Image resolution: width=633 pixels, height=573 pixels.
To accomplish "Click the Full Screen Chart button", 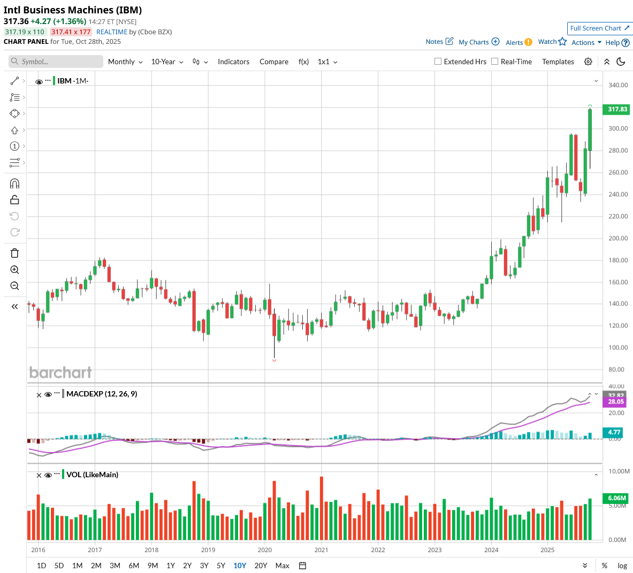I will click(600, 28).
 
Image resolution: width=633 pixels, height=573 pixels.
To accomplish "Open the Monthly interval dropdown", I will click(125, 62).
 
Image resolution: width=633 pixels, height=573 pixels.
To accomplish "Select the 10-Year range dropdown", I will click(167, 62).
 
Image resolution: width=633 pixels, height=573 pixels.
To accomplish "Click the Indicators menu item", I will click(233, 62).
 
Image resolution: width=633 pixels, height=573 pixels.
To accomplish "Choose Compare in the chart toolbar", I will click(274, 62).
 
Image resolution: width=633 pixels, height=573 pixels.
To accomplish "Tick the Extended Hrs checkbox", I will click(438, 62).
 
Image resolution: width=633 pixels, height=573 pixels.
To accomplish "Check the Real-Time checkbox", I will click(495, 62).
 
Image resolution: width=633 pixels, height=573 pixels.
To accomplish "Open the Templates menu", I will click(558, 62).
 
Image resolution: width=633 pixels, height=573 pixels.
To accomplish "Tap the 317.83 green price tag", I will click(617, 109).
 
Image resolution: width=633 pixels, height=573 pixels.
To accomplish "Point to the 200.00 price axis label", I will click(618, 239).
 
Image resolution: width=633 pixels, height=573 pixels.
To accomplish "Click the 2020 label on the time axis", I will click(265, 550).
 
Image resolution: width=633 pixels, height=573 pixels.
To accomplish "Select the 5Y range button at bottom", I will click(221, 566).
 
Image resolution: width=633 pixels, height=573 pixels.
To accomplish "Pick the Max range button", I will click(282, 566).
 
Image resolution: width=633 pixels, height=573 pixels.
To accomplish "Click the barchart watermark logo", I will click(60, 372).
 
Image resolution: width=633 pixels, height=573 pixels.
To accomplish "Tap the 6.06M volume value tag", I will click(617, 498).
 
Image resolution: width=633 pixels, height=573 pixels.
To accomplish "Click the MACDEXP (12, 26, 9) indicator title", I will click(102, 394).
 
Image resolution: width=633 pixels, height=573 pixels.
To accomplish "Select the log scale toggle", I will click(622, 566).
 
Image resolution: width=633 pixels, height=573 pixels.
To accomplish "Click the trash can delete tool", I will click(14, 254).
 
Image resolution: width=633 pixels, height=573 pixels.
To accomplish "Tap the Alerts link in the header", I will click(514, 43).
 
